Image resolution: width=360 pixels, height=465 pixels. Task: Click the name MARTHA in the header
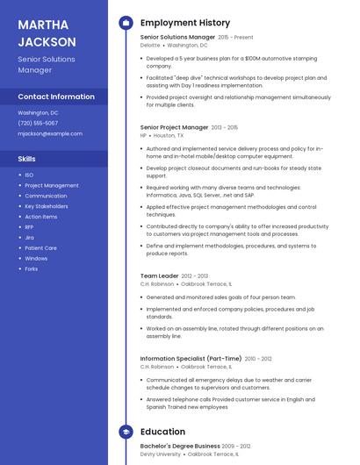(x=44, y=24)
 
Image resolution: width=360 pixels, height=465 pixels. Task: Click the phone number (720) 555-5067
(x=38, y=123)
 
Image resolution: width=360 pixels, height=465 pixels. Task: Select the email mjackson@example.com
(x=50, y=133)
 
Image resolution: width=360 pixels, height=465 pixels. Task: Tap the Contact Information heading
(x=56, y=97)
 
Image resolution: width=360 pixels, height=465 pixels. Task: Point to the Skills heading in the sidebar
(x=27, y=159)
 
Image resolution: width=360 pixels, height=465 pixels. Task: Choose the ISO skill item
(x=29, y=175)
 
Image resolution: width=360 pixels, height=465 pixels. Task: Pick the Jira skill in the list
(x=29, y=237)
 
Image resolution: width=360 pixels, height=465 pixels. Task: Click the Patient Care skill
(x=40, y=247)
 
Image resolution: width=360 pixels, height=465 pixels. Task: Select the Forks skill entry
(x=31, y=268)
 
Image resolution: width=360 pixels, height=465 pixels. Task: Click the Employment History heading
(x=184, y=23)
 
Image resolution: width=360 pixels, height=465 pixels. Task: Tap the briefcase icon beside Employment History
(x=126, y=23)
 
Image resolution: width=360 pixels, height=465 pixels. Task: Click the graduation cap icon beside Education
(x=126, y=432)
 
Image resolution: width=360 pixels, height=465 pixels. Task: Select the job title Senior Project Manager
(x=174, y=127)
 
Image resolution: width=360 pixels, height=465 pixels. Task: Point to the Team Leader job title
(x=159, y=275)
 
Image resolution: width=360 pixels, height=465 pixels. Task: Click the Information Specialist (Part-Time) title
(x=191, y=358)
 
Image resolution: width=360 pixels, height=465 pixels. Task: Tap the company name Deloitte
(x=150, y=45)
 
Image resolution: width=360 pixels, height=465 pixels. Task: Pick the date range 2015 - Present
(x=235, y=38)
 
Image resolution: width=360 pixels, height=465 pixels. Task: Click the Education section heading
(x=162, y=432)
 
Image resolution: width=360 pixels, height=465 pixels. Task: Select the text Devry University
(x=160, y=454)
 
